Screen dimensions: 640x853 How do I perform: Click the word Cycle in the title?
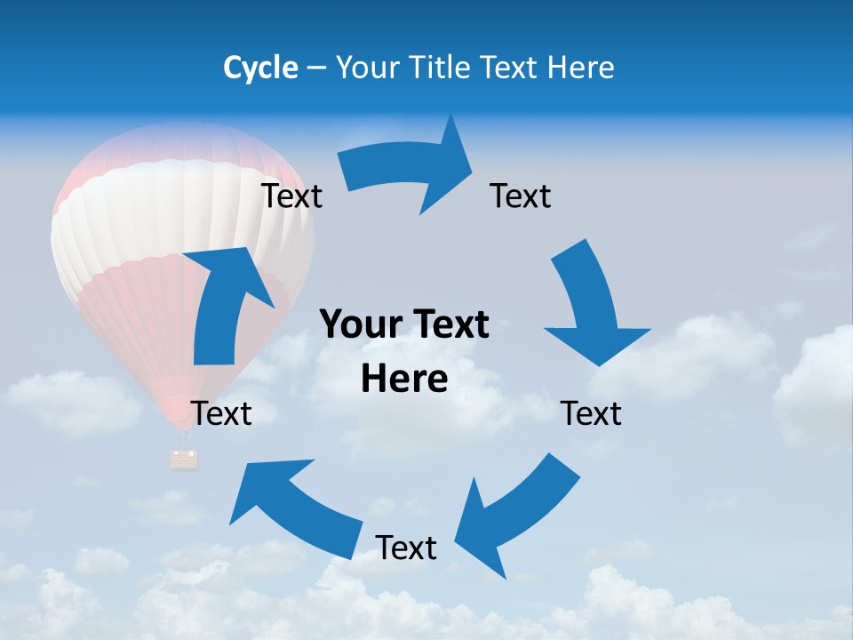(260, 68)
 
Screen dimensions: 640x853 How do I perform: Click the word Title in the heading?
(442, 68)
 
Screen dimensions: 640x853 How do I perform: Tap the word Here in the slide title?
(581, 68)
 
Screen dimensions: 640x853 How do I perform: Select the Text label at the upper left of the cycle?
(291, 196)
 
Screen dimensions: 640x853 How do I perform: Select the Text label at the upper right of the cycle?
(521, 196)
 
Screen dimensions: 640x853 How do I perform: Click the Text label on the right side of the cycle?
(592, 413)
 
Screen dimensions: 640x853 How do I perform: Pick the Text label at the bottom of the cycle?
(406, 548)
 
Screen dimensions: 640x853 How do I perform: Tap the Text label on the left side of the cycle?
(222, 413)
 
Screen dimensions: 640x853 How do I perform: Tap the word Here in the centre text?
(404, 378)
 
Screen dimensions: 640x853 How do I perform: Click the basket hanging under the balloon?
(185, 459)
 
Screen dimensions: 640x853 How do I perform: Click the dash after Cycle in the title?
(316, 68)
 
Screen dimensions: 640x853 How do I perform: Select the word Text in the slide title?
(510, 68)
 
